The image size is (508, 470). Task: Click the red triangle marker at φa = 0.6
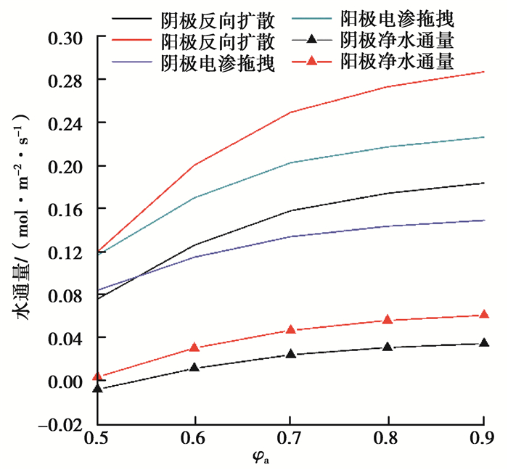coord(194,348)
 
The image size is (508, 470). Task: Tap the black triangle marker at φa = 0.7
coord(291,355)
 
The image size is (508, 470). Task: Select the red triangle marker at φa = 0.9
coord(484,315)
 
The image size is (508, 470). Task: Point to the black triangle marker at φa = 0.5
coord(97,389)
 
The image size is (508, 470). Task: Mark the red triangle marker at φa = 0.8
coord(388,320)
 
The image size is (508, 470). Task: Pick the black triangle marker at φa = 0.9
coord(484,343)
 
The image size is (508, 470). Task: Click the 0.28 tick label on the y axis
coord(67,80)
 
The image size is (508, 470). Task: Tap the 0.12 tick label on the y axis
coord(67,252)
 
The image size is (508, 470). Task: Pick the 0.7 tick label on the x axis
coord(291,440)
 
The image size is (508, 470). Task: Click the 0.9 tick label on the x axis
coord(483,440)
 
